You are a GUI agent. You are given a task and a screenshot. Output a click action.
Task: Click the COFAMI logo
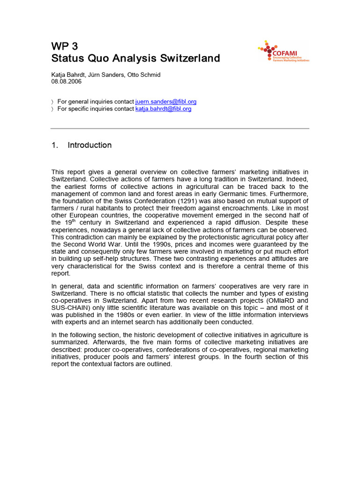pos(284,52)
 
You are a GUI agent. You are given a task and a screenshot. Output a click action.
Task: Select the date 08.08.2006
pos(67,81)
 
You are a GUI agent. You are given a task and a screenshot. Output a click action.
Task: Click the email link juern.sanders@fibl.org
pos(166,102)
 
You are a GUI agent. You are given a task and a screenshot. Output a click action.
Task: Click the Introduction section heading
pos(90,145)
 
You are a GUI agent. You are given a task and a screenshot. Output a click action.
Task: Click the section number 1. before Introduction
pos(54,145)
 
